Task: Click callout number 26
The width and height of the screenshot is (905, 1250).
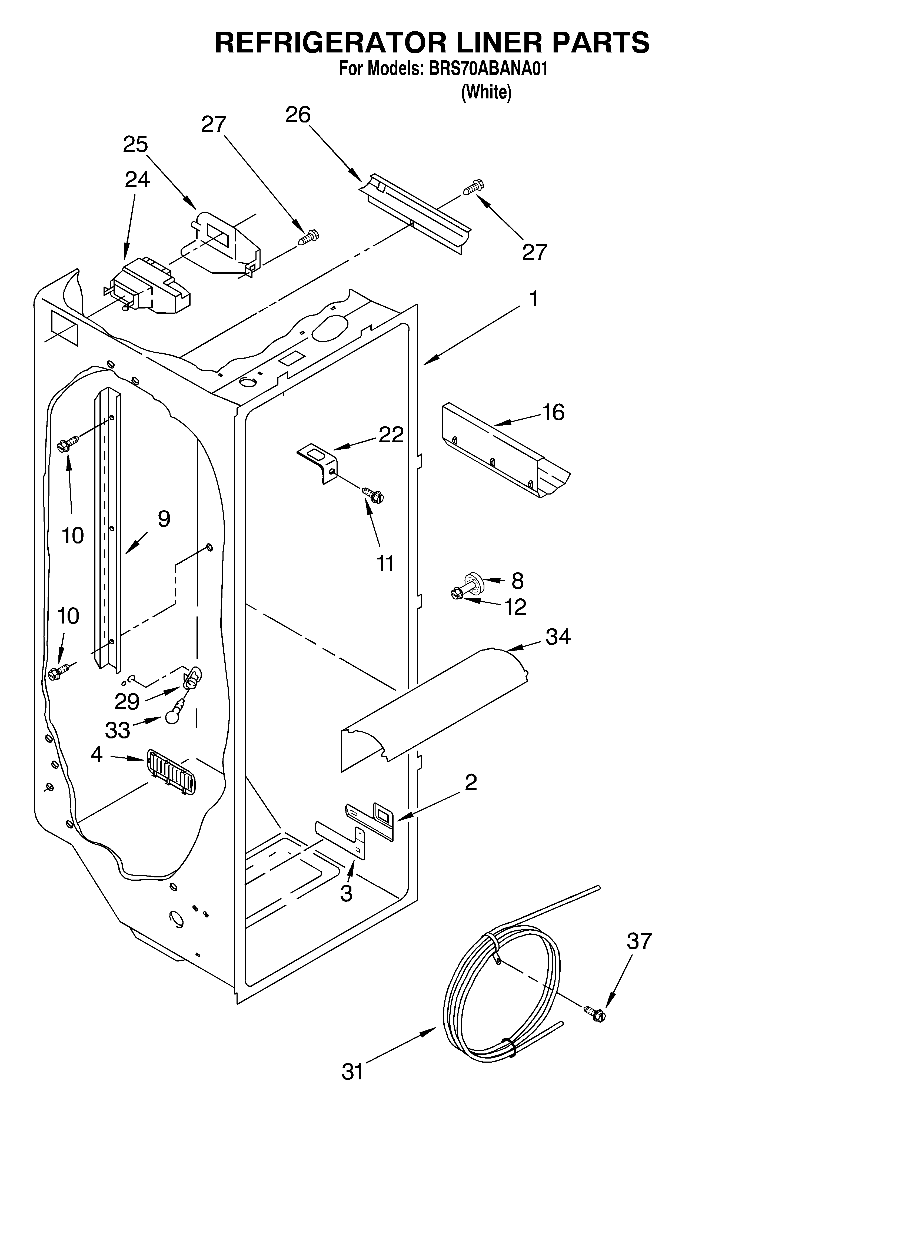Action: [298, 115]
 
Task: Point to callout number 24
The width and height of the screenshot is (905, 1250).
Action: [137, 180]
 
